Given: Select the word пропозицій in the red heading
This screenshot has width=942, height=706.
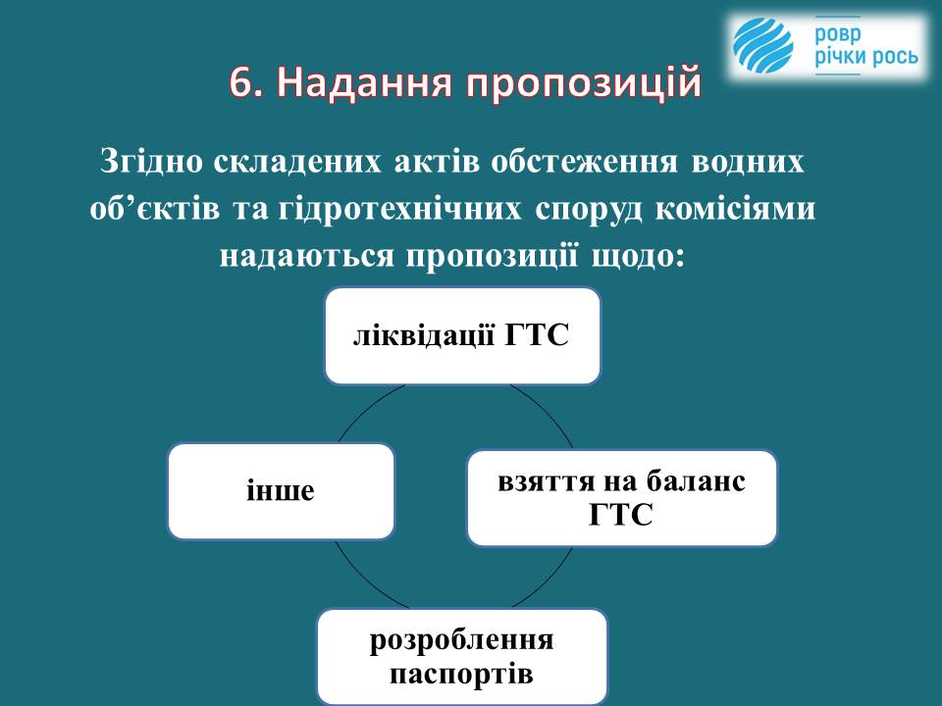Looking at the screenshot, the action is pyautogui.click(x=584, y=84).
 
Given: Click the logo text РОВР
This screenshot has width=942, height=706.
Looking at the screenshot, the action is pyautogui.click(x=837, y=35).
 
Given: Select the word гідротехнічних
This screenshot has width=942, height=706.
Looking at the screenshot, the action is pyautogui.click(x=400, y=210).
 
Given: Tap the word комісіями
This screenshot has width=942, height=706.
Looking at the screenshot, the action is pyautogui.click(x=735, y=210).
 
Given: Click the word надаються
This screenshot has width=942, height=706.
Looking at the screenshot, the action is pyautogui.click(x=307, y=256).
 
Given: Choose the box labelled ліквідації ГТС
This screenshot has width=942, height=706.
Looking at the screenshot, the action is pyautogui.click(x=462, y=336).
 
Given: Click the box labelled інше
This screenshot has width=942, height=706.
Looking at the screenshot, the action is pyautogui.click(x=282, y=491).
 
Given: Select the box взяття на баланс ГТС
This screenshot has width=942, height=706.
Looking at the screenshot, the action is pyautogui.click(x=622, y=498).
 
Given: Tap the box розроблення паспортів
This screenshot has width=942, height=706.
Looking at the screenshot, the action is pyautogui.click(x=462, y=657).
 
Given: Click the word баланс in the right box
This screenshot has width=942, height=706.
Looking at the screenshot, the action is pyautogui.click(x=696, y=481).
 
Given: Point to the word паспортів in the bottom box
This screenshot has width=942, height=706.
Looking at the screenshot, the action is pyautogui.click(x=461, y=675).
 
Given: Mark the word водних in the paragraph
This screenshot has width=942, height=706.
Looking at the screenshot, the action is pyautogui.click(x=748, y=162).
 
